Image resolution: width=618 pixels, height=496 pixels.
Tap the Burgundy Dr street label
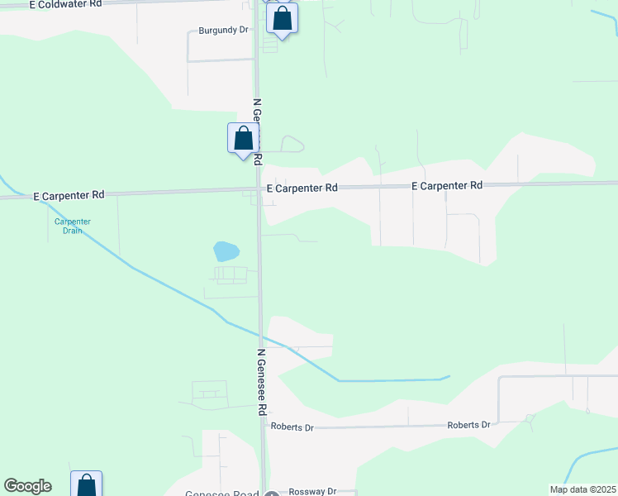(223, 30)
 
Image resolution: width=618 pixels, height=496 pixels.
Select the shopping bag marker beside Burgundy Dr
(282, 18)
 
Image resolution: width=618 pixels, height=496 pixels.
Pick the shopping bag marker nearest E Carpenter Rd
(243, 137)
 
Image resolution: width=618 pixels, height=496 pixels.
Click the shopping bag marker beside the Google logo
(86, 485)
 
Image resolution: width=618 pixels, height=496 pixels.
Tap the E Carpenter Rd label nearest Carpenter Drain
(69, 195)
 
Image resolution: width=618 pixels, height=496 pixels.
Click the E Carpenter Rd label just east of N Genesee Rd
(302, 188)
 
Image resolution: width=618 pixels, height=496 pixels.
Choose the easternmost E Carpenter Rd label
(447, 186)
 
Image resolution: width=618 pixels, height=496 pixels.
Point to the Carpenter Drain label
(73, 226)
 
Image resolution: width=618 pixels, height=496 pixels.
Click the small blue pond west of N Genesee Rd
(225, 250)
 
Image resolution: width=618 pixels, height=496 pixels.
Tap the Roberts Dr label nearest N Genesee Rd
(292, 427)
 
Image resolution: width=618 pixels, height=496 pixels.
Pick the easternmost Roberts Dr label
(468, 425)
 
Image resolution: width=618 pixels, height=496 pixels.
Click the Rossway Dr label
(310, 491)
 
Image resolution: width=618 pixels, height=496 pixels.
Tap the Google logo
(27, 486)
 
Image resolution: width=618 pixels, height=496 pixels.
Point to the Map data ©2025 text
(582, 489)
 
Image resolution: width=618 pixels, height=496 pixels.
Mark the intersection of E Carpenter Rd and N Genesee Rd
(259, 190)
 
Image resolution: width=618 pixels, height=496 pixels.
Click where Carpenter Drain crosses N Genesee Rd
(261, 333)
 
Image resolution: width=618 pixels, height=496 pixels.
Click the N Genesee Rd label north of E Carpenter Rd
(257, 131)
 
